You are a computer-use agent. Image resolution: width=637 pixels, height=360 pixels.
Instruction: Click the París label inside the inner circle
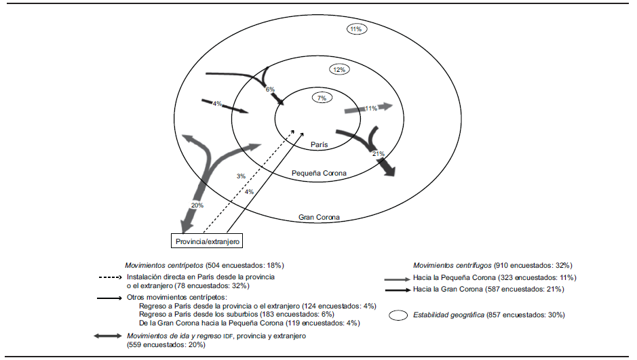click(x=320, y=145)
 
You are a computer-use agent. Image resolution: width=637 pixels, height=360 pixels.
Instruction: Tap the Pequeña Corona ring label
click(x=319, y=174)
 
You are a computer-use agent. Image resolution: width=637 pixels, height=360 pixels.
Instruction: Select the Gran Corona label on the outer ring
click(x=319, y=218)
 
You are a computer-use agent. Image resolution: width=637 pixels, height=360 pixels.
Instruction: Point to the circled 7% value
click(x=322, y=98)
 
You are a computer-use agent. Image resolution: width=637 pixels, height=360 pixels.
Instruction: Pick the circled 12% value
click(x=339, y=70)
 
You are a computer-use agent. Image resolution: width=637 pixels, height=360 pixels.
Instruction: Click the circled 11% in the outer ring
click(x=356, y=29)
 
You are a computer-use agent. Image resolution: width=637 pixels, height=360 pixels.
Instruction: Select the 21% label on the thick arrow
click(x=379, y=155)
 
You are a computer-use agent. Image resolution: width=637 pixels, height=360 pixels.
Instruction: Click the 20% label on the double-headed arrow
click(x=197, y=205)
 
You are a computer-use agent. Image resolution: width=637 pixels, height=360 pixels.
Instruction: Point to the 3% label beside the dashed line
click(x=241, y=176)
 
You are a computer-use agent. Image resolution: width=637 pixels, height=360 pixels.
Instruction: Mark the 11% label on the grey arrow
click(x=371, y=108)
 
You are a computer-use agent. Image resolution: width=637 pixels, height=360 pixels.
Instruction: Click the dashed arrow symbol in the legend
click(x=109, y=277)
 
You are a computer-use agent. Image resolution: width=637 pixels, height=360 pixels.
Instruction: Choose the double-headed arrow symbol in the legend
click(x=109, y=336)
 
